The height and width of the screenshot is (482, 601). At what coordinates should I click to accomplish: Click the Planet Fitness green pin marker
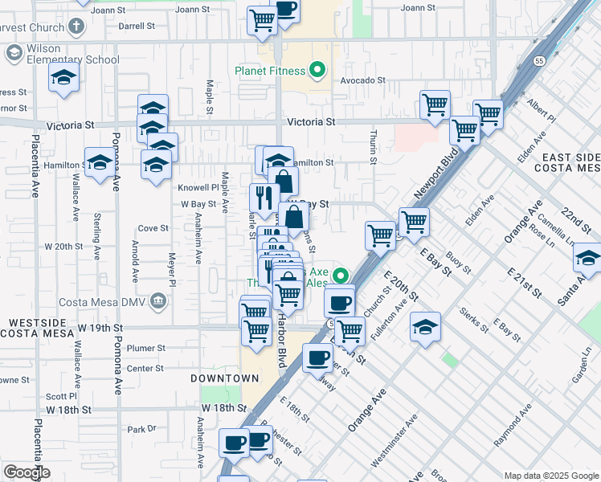point(318,71)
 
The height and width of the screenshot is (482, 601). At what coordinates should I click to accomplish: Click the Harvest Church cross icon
point(76,26)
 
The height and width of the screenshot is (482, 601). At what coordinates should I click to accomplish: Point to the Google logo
point(27,472)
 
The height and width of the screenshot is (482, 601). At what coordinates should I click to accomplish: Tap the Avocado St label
point(362,81)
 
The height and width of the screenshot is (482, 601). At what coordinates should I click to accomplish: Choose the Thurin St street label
point(374,148)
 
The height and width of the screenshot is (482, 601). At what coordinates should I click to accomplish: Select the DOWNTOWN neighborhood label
point(225,378)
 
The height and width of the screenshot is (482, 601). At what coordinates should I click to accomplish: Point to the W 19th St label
point(100,328)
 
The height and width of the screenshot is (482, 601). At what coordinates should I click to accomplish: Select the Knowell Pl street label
point(194,186)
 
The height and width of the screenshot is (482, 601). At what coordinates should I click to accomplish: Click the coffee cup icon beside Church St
point(340,301)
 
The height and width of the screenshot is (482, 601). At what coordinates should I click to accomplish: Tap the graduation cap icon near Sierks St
point(425,326)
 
